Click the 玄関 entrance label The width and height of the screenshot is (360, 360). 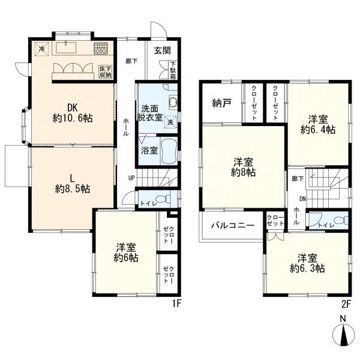(x=163, y=50)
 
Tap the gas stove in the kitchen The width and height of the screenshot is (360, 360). (x=101, y=49)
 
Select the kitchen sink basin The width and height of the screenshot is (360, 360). (x=66, y=48)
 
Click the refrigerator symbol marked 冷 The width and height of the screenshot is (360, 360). (x=42, y=49)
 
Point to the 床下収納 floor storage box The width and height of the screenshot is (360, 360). (x=106, y=71)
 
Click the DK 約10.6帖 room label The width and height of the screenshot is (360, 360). (x=73, y=113)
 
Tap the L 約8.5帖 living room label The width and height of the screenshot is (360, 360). (x=73, y=184)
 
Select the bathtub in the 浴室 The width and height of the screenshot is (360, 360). (x=169, y=151)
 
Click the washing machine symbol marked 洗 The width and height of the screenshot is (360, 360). (x=170, y=122)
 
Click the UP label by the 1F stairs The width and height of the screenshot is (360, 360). (x=131, y=178)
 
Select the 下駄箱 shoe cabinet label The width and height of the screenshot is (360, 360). (x=173, y=70)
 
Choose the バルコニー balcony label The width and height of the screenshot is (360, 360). (x=233, y=225)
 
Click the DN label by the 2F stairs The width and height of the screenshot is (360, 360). (x=302, y=199)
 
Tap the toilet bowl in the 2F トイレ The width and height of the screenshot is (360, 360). (x=341, y=220)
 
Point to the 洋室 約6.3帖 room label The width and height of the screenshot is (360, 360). (x=307, y=263)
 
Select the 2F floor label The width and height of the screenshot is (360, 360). (x=346, y=304)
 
